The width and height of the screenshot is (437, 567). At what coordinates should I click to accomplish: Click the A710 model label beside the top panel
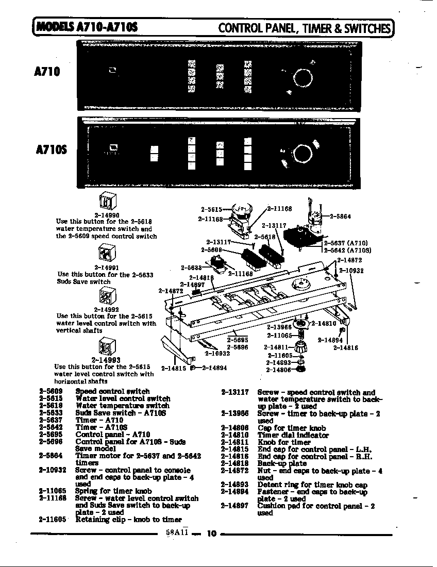47,72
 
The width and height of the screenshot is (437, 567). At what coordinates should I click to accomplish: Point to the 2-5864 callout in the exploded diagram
340,216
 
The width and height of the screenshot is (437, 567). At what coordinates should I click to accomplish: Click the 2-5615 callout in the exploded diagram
211,209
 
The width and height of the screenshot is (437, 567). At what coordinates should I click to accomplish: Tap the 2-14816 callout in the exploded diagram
345,348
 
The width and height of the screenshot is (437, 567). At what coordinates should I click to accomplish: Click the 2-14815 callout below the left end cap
174,368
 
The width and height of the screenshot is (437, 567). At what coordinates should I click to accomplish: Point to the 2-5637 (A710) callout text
346,243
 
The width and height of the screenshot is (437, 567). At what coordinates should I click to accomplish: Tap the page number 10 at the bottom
211,533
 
